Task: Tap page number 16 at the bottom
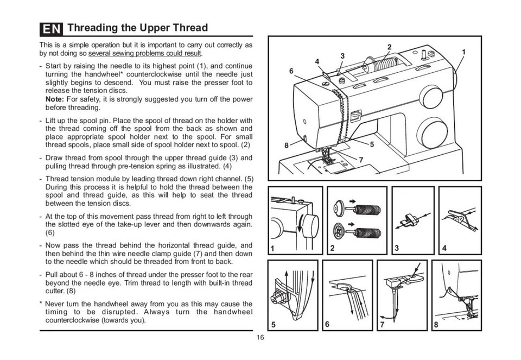[260, 338]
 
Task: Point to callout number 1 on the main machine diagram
[463, 52]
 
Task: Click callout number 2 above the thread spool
[389, 46]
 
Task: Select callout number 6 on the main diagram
[291, 71]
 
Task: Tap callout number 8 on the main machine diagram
[287, 145]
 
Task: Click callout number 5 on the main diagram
[372, 144]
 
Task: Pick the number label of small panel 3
[397, 248]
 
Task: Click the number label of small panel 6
[327, 325]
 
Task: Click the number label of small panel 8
[436, 325]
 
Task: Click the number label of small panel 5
[274, 325]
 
